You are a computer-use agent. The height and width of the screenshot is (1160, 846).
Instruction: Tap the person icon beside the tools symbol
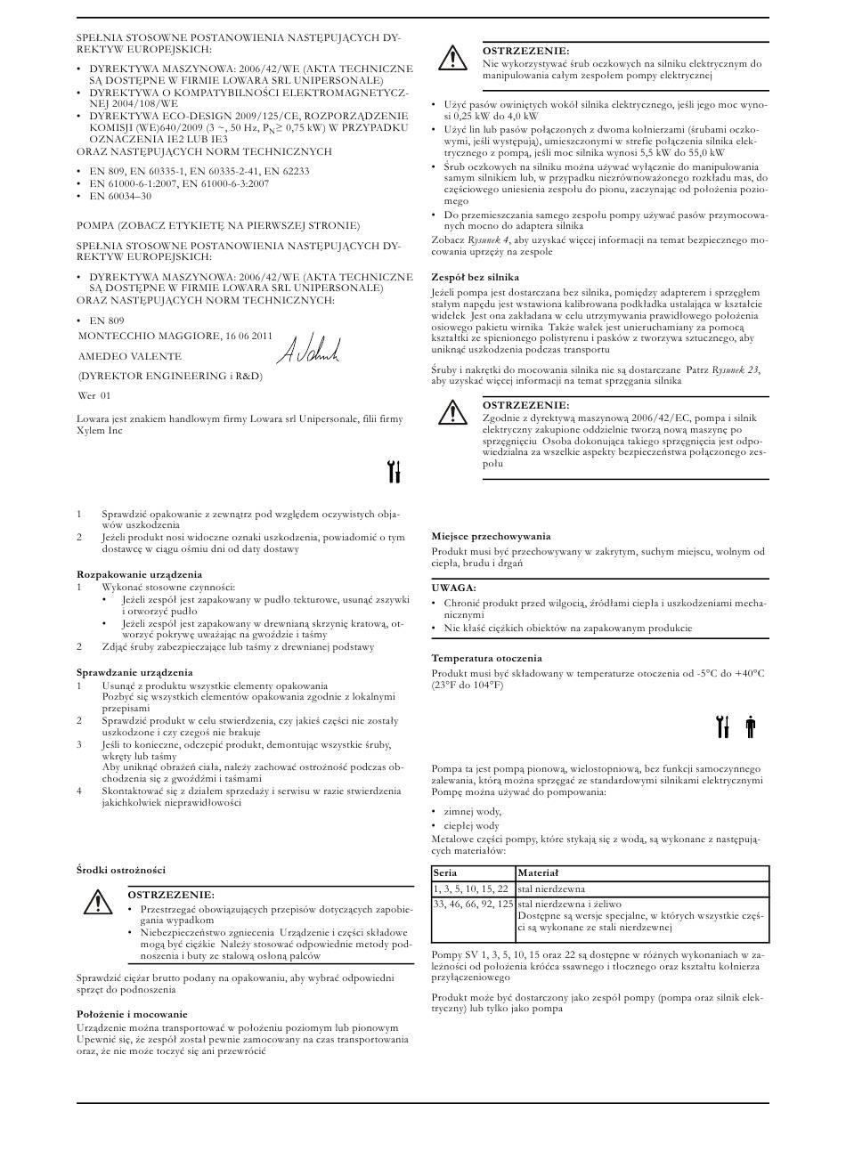750,727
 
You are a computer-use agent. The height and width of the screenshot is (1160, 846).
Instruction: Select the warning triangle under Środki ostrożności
96,903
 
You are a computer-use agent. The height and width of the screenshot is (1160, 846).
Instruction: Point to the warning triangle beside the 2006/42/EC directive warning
452,412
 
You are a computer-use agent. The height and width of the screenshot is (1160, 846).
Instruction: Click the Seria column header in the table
445,873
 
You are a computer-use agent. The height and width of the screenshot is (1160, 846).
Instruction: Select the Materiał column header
538,873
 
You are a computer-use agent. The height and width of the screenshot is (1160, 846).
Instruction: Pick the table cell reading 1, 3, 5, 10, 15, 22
471,888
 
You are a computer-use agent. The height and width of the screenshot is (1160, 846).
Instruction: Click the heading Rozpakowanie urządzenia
139,574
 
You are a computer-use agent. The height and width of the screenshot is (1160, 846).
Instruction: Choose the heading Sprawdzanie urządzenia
134,673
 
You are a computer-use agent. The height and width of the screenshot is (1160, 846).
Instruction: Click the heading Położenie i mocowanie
132,1014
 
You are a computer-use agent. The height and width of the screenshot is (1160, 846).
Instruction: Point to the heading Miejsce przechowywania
491,536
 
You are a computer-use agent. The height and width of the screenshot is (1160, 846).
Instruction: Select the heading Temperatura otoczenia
487,658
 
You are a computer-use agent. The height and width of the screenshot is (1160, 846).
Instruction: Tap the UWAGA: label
454,588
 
